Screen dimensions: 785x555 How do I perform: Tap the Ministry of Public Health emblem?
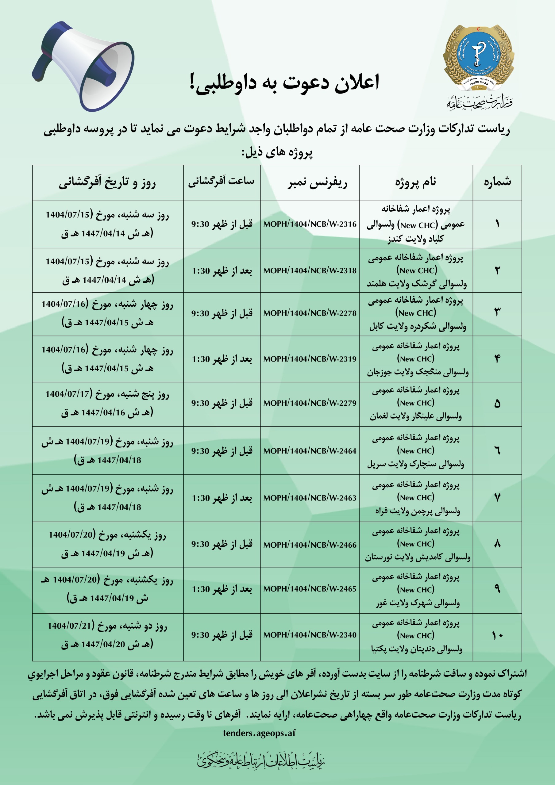click(478, 58)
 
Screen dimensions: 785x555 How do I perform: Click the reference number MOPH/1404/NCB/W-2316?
click(310, 224)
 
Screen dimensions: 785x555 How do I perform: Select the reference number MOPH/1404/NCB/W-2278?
click(310, 313)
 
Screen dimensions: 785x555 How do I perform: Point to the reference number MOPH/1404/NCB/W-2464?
click(310, 451)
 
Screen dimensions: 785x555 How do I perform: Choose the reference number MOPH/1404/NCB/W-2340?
click(310, 635)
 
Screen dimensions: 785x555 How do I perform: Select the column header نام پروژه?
click(416, 182)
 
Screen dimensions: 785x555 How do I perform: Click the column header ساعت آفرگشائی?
click(222, 182)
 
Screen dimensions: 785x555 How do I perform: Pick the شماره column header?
click(497, 182)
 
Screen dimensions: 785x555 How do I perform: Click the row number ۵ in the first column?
click(497, 404)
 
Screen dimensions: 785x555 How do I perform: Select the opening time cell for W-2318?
click(222, 271)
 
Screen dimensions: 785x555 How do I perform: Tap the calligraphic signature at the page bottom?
click(261, 761)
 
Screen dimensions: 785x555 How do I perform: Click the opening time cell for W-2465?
click(222, 589)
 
